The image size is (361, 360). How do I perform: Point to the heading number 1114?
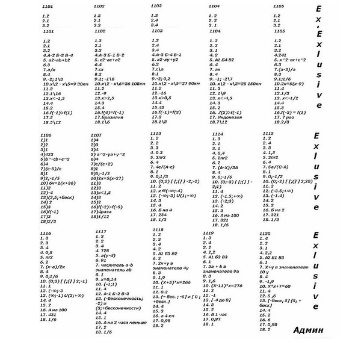click(217, 134)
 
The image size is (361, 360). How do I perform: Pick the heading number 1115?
click(268, 133)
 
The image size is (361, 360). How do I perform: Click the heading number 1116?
click(45, 233)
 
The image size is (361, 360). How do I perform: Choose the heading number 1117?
click(100, 231)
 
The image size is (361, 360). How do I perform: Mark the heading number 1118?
click(158, 230)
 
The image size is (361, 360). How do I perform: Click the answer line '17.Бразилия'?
click(109, 117)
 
